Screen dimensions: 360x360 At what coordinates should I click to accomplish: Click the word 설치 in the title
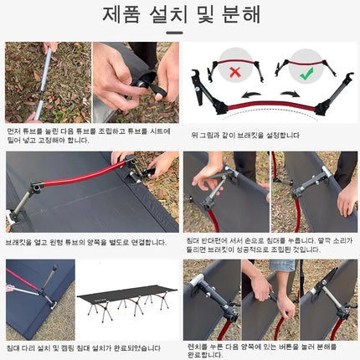click(170, 16)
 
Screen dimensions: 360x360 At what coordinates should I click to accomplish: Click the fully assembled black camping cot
click(127, 301)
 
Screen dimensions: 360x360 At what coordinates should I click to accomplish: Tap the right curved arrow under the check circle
click(293, 93)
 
